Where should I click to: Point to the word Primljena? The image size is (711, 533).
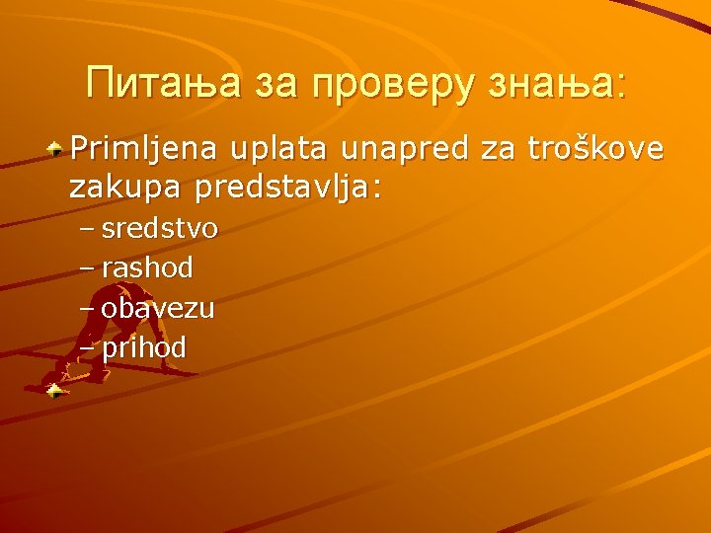coord(144,150)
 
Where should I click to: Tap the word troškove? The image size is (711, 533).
coord(596,150)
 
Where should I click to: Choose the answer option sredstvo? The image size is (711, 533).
coord(159,229)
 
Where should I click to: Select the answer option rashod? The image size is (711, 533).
coord(147,267)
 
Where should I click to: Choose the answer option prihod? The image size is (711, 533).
coord(144,347)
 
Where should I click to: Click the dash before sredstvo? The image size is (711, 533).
coord(86,230)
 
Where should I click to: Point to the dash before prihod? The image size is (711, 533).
coord(86,348)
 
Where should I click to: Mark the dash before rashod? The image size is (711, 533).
coord(86,268)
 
